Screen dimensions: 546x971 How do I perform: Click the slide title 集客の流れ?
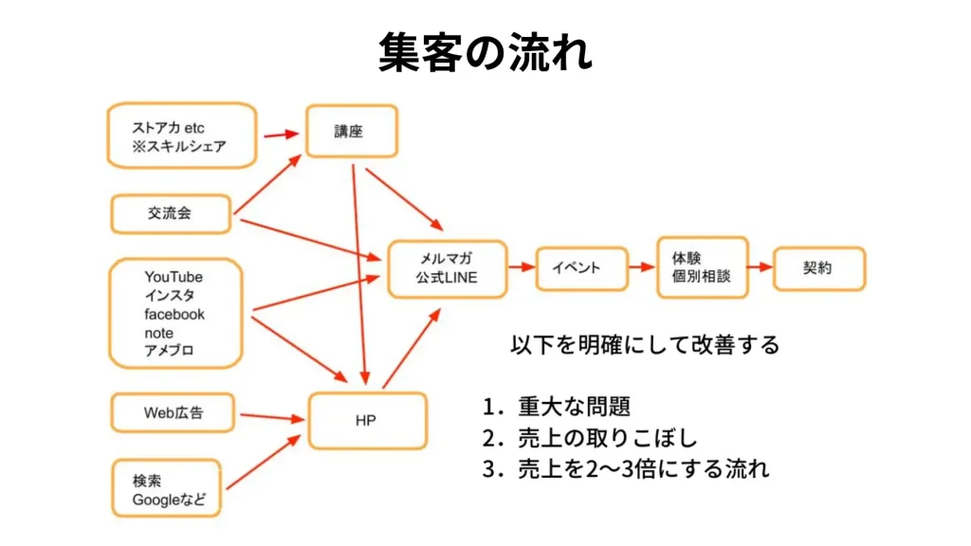coord(485,52)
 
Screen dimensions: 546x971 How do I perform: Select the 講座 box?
coord(350,132)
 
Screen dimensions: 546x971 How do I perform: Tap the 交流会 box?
coord(171,213)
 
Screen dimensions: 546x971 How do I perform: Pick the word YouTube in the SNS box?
coord(174,277)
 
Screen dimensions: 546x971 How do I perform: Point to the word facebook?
coord(174,314)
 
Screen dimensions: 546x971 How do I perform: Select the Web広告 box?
coord(174,413)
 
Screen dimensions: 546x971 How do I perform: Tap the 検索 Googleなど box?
coord(169,489)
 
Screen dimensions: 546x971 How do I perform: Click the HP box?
coord(365,420)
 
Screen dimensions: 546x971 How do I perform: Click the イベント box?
coord(581,267)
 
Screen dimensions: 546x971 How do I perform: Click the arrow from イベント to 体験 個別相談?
coord(642,267)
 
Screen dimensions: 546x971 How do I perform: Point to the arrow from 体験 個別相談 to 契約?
coord(760,267)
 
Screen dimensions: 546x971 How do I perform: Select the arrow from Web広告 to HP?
coord(270,416)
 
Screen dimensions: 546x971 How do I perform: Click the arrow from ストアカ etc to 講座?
coord(280,135)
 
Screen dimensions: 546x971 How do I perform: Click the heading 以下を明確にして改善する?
coord(645,344)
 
